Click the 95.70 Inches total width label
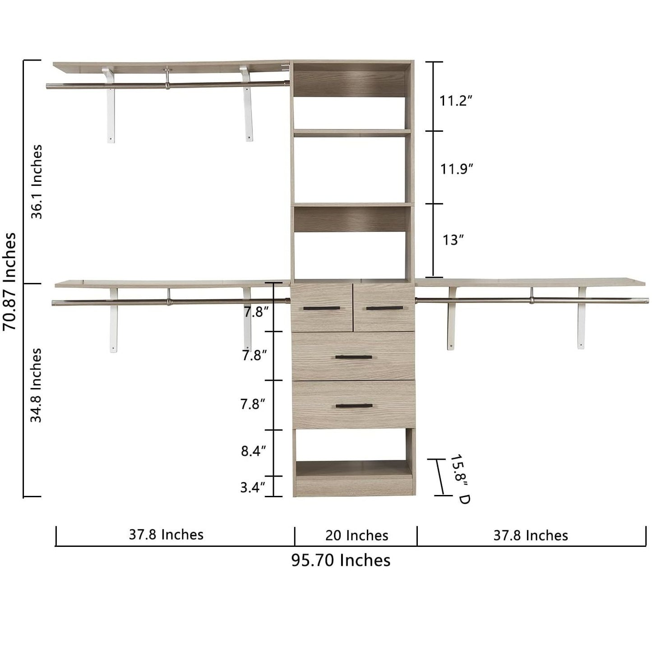341,560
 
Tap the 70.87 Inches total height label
9,281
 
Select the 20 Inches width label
356,536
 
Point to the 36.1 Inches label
37,182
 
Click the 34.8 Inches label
36,385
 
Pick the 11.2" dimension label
455,101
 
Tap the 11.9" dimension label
456,168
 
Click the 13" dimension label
453,240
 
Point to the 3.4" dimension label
253,488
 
